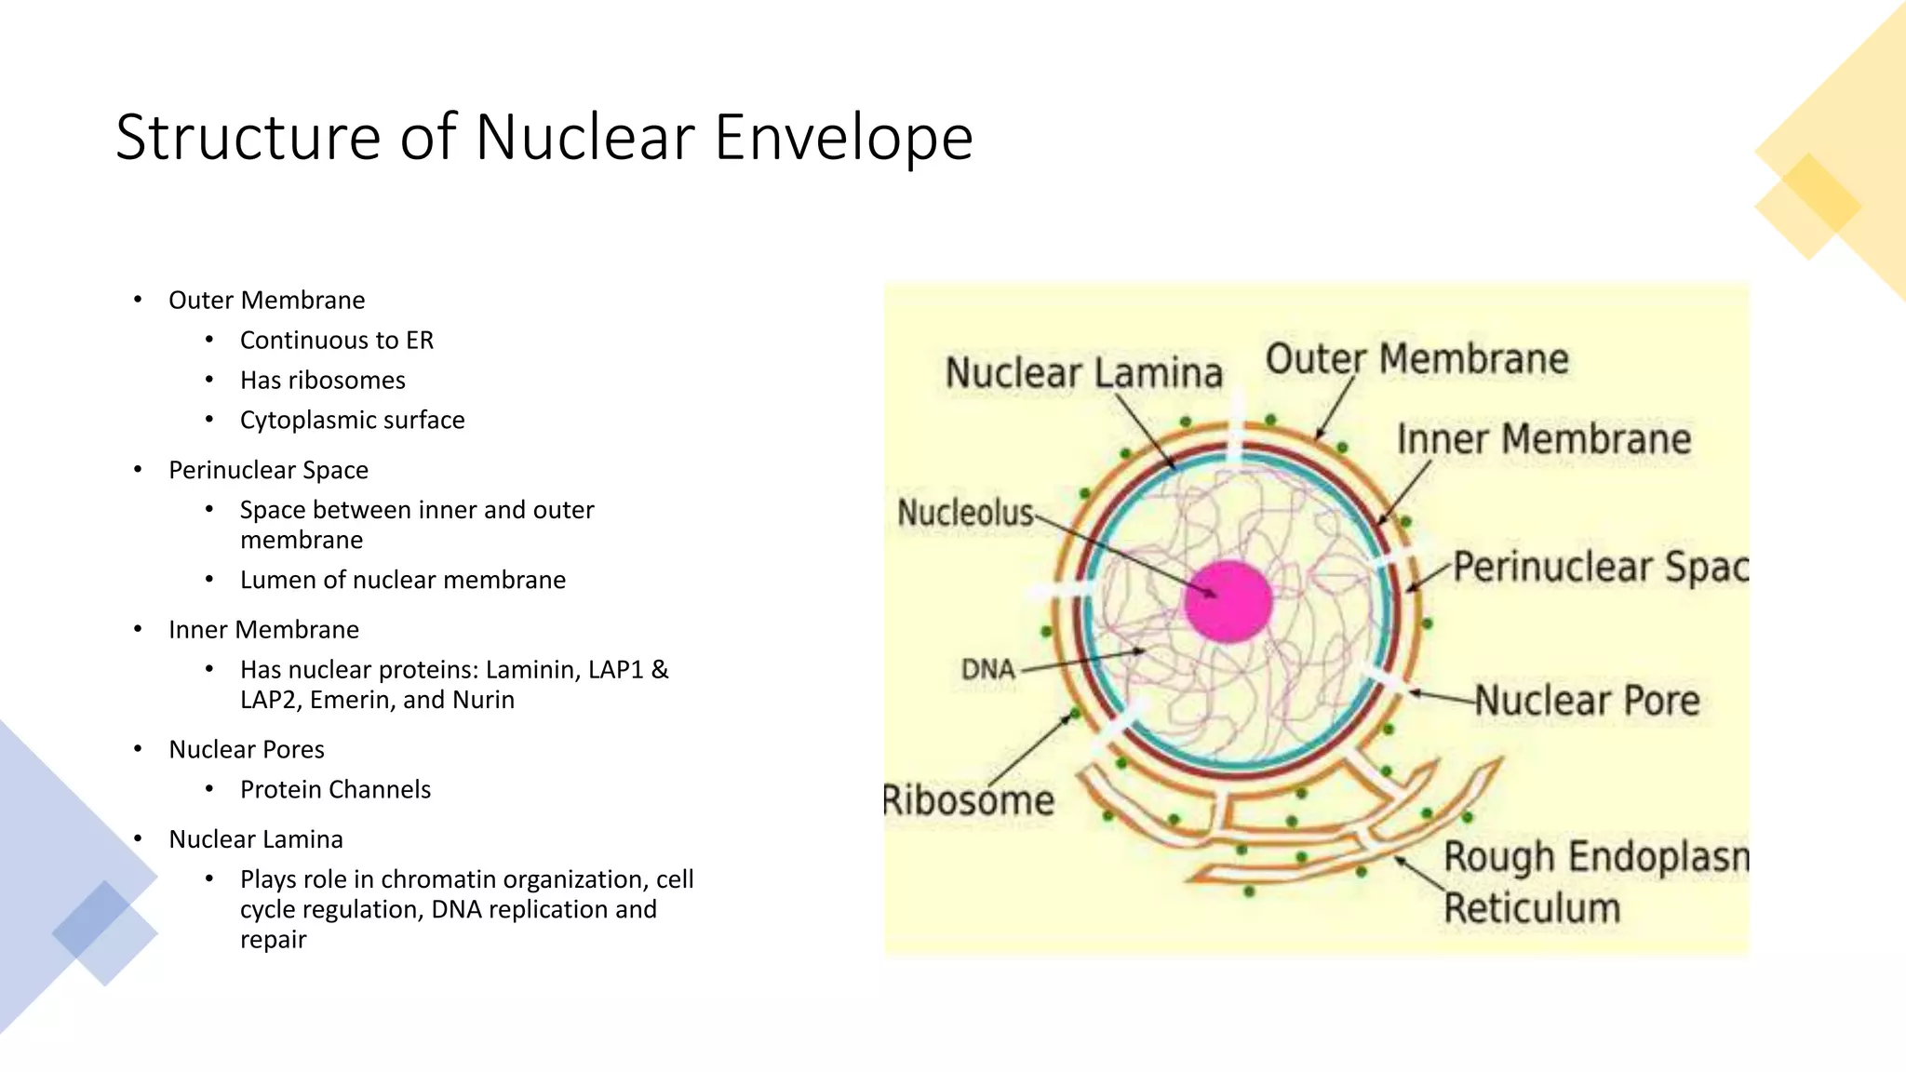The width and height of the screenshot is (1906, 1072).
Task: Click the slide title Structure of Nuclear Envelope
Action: [x=544, y=138]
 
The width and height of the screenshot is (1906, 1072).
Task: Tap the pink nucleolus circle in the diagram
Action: [x=1228, y=601]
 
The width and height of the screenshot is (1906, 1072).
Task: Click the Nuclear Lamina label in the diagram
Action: [x=1083, y=373]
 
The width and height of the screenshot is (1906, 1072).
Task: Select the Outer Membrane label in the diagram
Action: [x=1416, y=359]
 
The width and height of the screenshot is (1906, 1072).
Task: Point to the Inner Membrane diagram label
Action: [x=1543, y=439]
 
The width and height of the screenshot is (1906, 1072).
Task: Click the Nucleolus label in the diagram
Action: [x=965, y=512]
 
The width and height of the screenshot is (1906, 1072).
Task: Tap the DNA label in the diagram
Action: [x=987, y=669]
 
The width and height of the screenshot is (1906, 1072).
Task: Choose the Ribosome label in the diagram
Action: [x=969, y=800]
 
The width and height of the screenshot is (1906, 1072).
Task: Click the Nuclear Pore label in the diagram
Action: [x=1587, y=701]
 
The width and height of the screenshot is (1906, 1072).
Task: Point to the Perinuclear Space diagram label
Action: [x=1600, y=567]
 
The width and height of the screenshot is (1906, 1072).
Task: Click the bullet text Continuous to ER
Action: [x=336, y=341]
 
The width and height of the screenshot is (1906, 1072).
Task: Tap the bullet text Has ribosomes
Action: [x=322, y=381]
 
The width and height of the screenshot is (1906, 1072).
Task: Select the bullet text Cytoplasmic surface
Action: [x=352, y=421]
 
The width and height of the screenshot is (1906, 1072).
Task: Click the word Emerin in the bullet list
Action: [x=343, y=700]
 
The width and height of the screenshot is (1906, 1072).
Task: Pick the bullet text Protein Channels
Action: [x=335, y=790]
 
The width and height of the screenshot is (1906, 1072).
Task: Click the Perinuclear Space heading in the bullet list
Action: [x=268, y=471]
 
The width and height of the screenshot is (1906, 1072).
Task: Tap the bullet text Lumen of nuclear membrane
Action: [x=402, y=581]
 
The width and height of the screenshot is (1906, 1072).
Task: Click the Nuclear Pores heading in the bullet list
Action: [x=247, y=750]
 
